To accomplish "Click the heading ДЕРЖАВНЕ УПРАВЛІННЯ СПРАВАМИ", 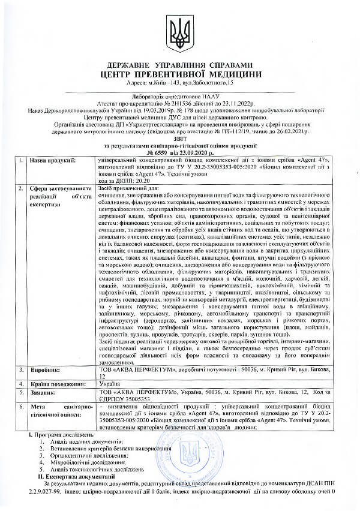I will click(x=180, y=65).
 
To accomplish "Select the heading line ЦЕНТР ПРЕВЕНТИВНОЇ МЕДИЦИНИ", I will click(x=180, y=73).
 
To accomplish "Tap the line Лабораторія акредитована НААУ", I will click(x=179, y=96).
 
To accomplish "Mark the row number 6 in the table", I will click(x=20, y=407).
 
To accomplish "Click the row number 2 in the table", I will click(x=20, y=188).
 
